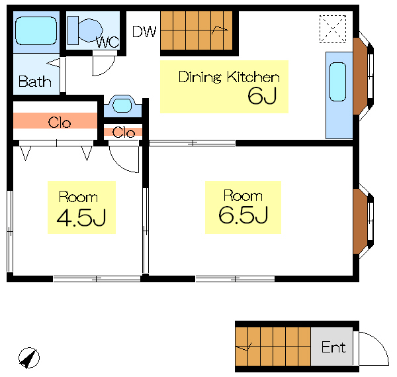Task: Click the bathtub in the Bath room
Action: (x=36, y=30)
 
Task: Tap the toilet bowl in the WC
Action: (x=91, y=30)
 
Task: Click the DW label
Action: (x=144, y=31)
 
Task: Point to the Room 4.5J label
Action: (x=81, y=207)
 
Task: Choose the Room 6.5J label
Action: (x=243, y=207)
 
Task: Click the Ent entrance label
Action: (x=333, y=347)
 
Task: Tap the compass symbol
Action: (x=29, y=358)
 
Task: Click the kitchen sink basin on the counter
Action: (x=337, y=81)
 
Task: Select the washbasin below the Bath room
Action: (x=122, y=105)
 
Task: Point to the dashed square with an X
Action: (x=333, y=29)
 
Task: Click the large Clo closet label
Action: (x=60, y=123)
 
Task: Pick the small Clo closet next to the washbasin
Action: (x=123, y=132)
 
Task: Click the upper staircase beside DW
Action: (x=197, y=30)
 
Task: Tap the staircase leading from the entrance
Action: (x=273, y=347)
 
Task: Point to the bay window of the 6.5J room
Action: (x=363, y=221)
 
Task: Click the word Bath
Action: (x=34, y=81)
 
